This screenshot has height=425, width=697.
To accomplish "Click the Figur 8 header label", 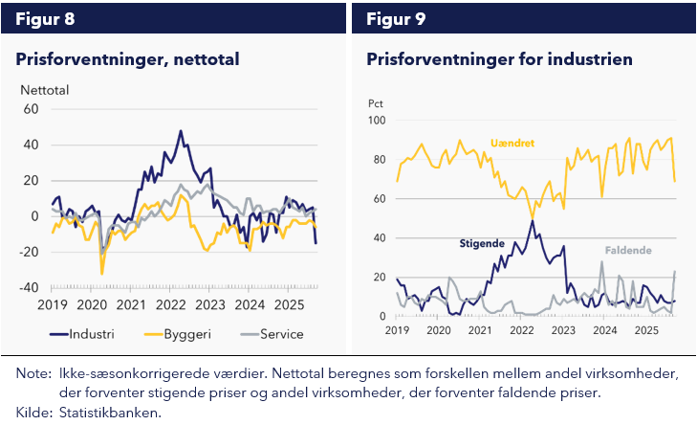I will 45,18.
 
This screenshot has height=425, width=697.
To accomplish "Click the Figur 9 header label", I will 397,18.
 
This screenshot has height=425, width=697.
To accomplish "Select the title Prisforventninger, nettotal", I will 127,59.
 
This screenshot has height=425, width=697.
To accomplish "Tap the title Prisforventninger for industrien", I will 499,59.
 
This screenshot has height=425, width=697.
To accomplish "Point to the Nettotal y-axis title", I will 45,91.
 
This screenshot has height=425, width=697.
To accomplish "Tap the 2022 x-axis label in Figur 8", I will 170,305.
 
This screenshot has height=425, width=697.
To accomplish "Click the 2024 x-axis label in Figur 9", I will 604,329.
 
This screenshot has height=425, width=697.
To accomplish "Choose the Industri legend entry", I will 85,334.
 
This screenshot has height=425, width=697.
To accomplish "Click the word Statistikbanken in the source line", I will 110,413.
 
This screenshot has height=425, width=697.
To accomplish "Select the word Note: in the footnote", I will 33,374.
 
